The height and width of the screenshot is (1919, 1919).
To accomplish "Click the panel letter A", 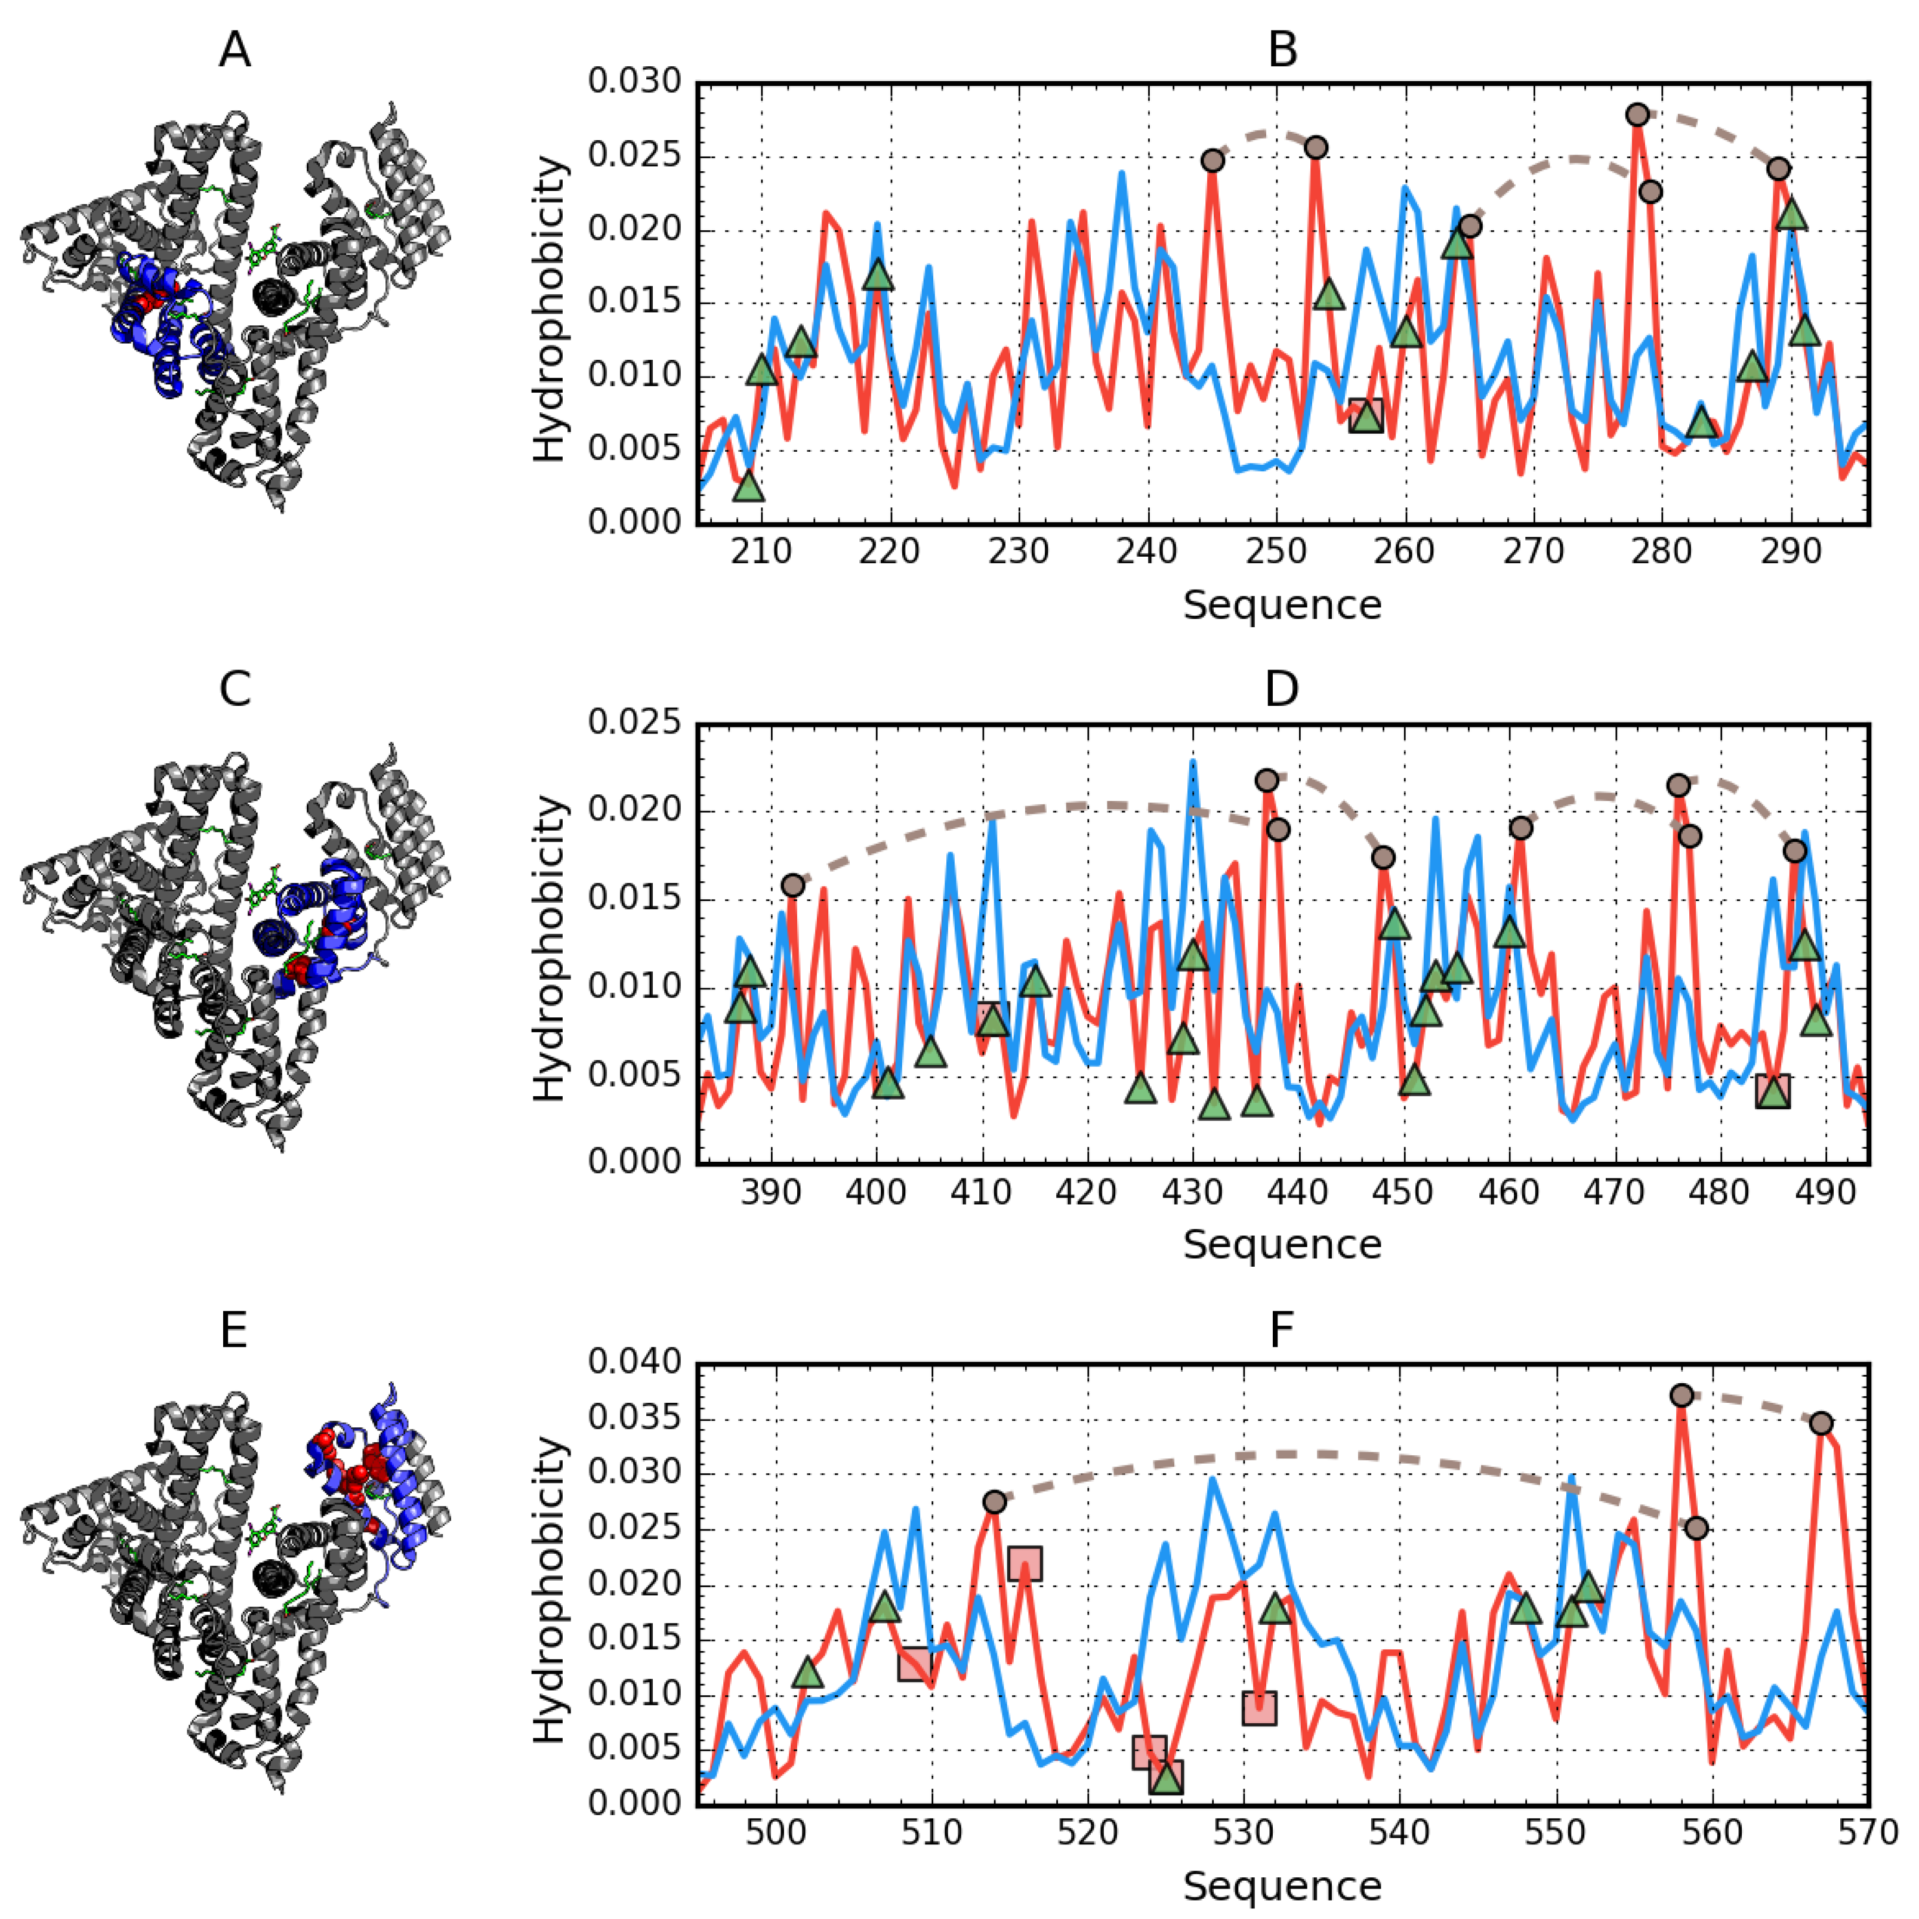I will (x=235, y=50).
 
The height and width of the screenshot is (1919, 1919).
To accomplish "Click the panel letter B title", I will (x=1282, y=50).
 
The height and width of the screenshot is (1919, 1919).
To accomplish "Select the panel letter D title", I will (x=1282, y=689).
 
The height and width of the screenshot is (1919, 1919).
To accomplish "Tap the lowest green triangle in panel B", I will (x=750, y=487).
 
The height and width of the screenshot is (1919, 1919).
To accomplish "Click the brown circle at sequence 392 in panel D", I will (x=792, y=885).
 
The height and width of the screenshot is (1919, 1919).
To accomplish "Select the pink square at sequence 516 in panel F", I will (x=1024, y=1563).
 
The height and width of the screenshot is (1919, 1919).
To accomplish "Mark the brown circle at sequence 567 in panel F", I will (x=1821, y=1423).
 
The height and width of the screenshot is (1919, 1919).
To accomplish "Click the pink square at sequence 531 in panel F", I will (x=1258, y=1707).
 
